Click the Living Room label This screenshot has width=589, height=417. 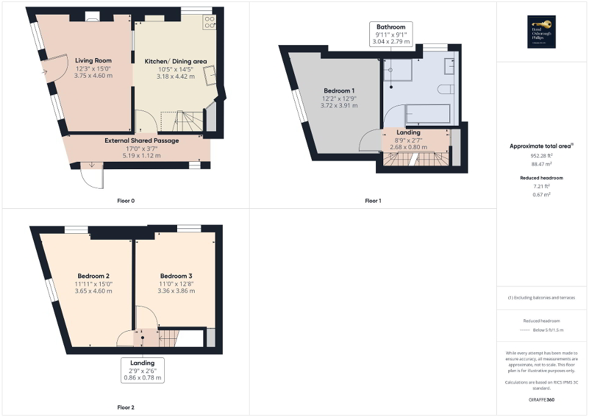point(93,60)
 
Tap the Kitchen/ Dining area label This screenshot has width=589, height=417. point(176,61)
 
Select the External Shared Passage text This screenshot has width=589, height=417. point(142,140)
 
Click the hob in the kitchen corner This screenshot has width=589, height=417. point(209,22)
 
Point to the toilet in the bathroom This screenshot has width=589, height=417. point(447,89)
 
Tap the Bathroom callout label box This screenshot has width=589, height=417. point(391,34)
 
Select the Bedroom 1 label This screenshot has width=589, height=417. point(339,90)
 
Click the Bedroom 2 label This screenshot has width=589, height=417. point(93,275)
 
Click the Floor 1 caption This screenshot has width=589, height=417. point(373,200)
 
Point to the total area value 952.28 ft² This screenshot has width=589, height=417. point(542,156)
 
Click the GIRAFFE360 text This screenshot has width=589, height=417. point(542,400)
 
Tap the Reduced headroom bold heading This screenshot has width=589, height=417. point(542,178)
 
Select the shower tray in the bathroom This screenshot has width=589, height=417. point(399,72)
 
